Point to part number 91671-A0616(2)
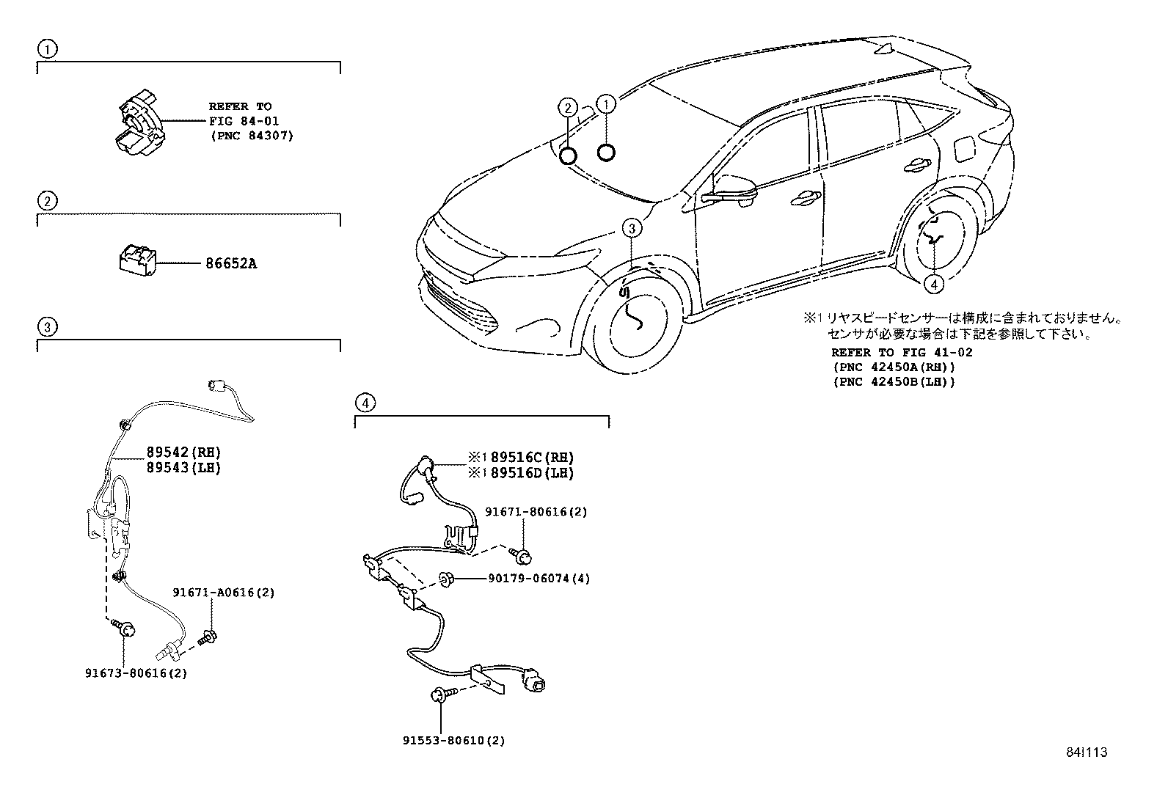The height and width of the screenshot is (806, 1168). coord(224,593)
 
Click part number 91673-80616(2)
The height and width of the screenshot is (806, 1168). coord(136,673)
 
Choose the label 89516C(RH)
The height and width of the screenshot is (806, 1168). coord(531,458)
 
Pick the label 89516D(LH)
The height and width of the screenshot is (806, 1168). coord(531,474)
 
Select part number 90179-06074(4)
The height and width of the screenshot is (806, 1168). coord(539,578)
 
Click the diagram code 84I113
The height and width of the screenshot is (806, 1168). coord(1086,752)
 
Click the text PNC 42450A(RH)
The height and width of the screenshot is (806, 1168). coord(894,367)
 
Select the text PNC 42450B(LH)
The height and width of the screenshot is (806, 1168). coord(894,381)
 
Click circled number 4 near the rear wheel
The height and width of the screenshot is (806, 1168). coord(932,284)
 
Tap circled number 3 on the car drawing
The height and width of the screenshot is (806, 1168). coord(632,228)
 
